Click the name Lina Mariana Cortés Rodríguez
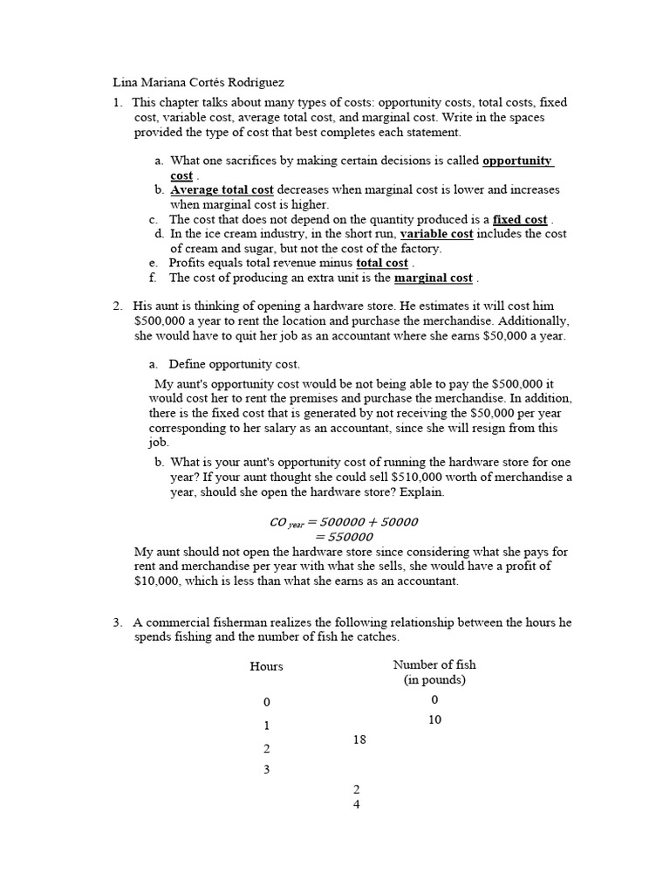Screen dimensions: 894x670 [x=199, y=83]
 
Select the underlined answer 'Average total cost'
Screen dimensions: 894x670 [x=222, y=189]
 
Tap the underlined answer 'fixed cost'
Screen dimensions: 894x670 [x=520, y=220]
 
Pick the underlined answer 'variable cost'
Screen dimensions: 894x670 [x=436, y=234]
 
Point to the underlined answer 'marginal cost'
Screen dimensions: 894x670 [x=433, y=279]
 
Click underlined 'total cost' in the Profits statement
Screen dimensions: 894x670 [x=382, y=264]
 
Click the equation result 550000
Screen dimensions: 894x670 [x=344, y=537]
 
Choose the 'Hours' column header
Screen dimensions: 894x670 [x=266, y=666]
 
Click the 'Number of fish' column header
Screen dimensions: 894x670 [x=434, y=665]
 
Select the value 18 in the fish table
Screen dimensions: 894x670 [x=359, y=740]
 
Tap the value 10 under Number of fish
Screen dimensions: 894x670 [x=434, y=720]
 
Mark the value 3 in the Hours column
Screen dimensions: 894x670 [x=266, y=770]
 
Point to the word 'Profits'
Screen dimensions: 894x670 [x=189, y=264]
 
